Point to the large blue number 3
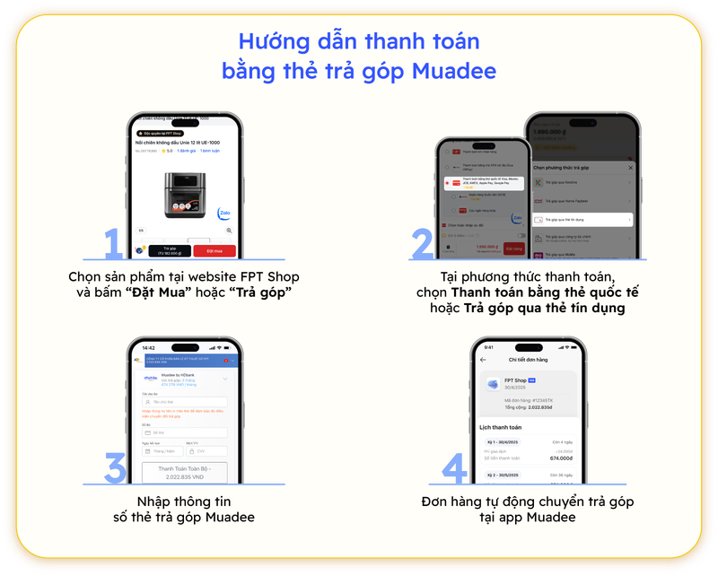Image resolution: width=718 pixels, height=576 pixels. pyautogui.click(x=116, y=469)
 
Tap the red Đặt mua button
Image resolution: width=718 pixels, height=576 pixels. pyautogui.click(x=215, y=251)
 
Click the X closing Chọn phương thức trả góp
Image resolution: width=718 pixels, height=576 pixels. pyautogui.click(x=631, y=168)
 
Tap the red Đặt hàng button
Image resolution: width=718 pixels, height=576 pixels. pyautogui.click(x=513, y=248)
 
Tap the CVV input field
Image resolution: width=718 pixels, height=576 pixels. pyautogui.click(x=206, y=451)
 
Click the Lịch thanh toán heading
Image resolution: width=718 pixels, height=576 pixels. pyautogui.click(x=502, y=427)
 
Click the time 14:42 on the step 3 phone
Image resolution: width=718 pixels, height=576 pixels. pyautogui.click(x=149, y=347)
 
